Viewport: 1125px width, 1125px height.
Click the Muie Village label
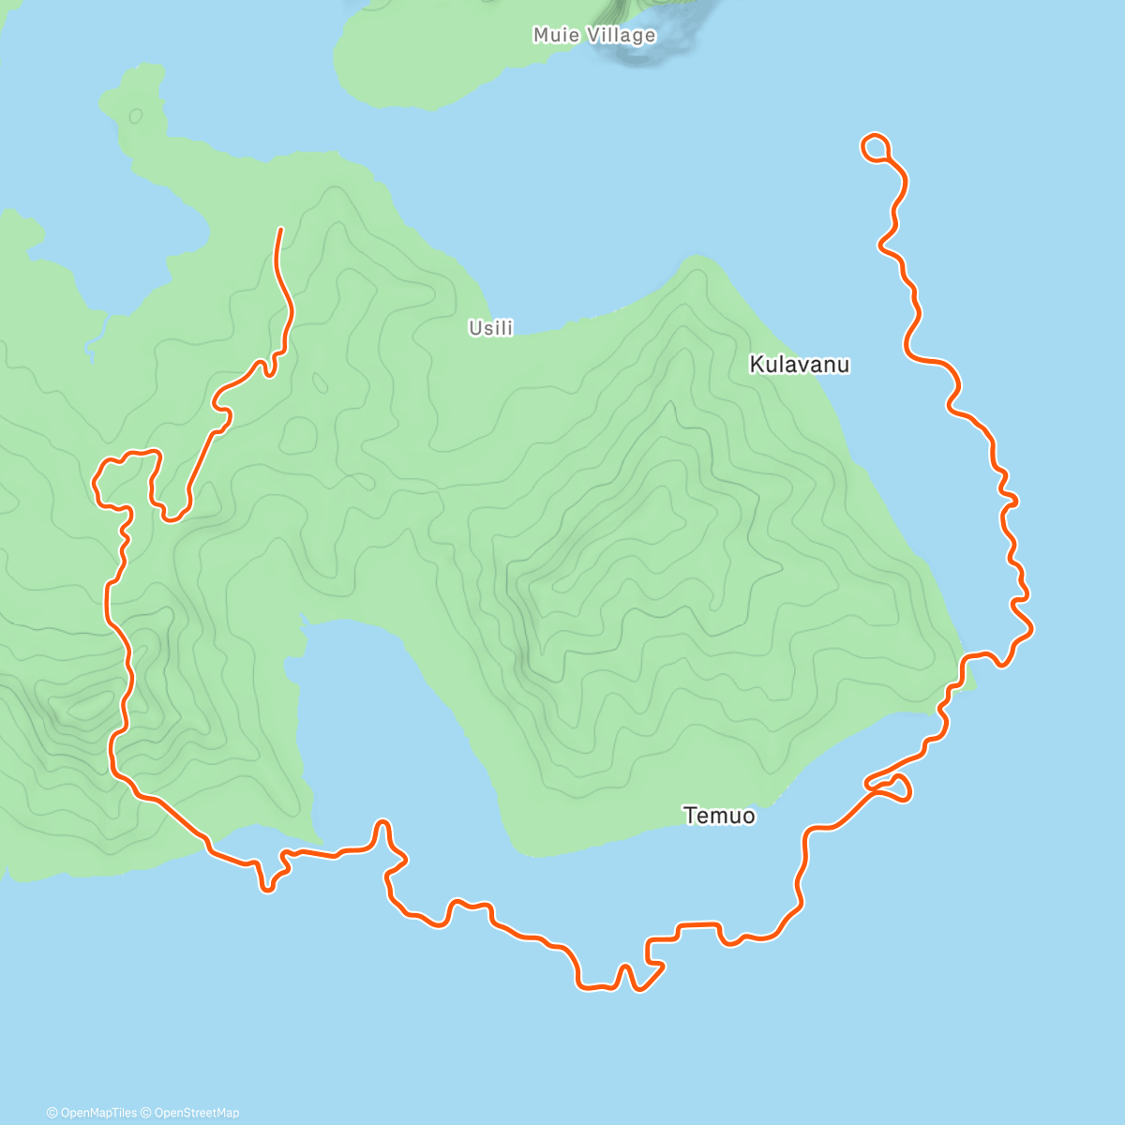[x=594, y=36]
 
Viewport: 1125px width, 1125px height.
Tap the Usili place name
[x=491, y=328]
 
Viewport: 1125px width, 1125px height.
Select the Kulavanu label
[x=800, y=365]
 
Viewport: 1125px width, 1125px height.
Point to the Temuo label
[x=719, y=816]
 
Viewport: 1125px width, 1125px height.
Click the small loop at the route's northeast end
[x=875, y=146]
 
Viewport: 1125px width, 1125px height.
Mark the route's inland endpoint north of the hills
[x=280, y=229]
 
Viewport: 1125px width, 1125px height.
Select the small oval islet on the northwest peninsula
[x=136, y=115]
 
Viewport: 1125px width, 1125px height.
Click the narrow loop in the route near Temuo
[x=890, y=786]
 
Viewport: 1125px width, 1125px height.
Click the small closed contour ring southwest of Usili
[x=320, y=382]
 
